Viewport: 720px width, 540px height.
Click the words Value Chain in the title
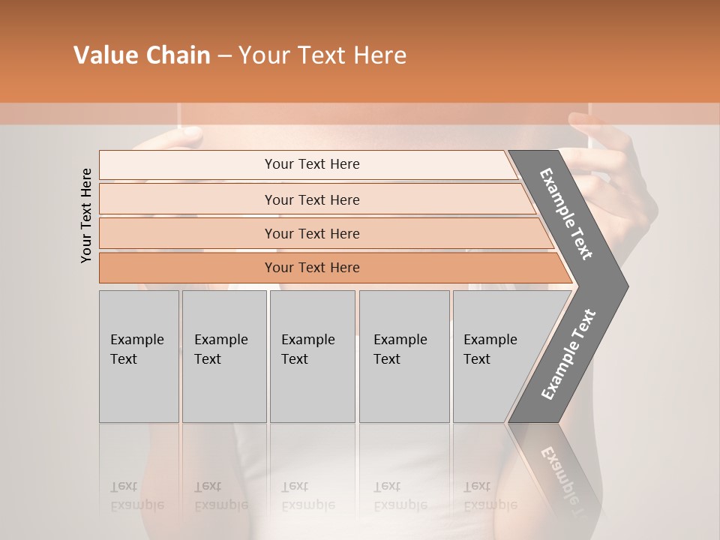coord(142,55)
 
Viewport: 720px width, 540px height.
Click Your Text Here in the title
coord(322,55)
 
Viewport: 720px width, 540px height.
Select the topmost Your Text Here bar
coord(312,164)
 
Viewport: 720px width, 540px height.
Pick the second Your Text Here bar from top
coord(312,199)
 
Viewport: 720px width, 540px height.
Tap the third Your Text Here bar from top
coord(312,234)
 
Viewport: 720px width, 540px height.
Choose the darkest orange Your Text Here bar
coord(312,268)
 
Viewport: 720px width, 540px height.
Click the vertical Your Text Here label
coord(86,215)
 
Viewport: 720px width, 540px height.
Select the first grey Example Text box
coord(139,356)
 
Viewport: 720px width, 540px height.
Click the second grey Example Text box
coord(223,356)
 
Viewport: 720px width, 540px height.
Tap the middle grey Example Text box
coord(312,356)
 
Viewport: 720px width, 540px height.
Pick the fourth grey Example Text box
coord(403,356)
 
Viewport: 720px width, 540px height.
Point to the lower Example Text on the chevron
coord(568,354)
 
